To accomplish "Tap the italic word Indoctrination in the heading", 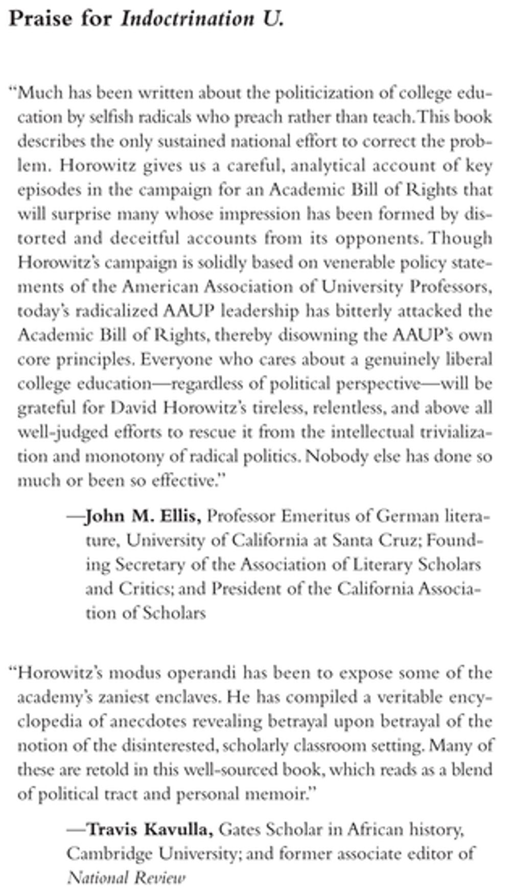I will point(187,19).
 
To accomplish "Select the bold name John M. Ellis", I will point(143,516).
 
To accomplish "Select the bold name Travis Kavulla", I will point(150,830).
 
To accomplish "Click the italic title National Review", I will point(126,878).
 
